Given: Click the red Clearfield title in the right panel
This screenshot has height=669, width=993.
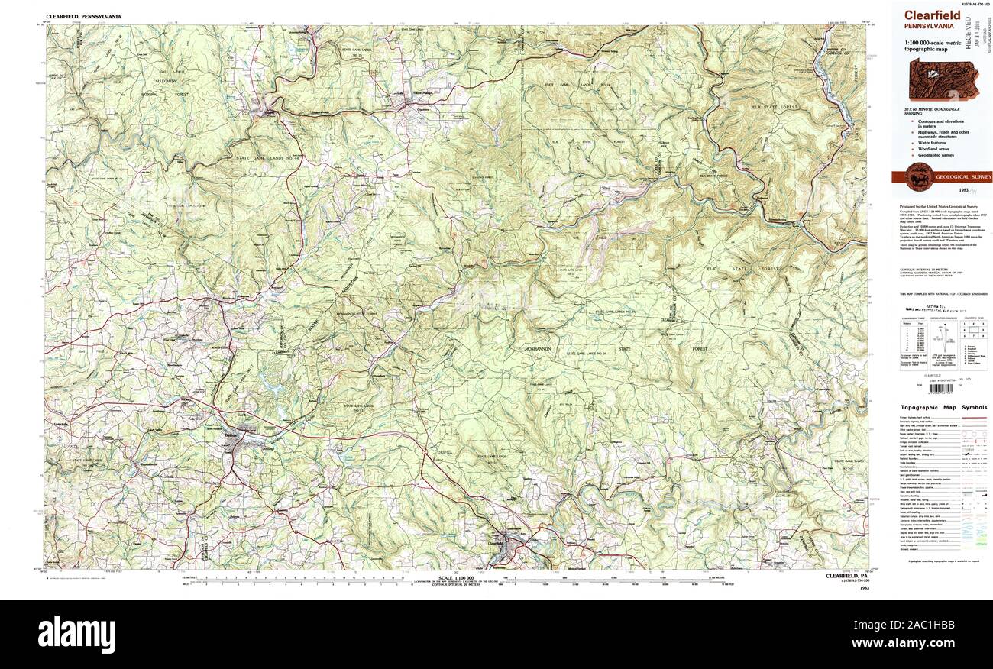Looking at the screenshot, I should [x=932, y=15].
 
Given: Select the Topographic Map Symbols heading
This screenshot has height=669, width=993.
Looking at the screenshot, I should [x=943, y=408].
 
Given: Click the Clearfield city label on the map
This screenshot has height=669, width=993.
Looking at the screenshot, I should [x=496, y=543].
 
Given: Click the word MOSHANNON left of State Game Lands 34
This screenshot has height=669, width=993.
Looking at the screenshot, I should [x=543, y=347].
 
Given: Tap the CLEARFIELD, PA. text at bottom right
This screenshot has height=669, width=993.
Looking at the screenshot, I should [x=848, y=575].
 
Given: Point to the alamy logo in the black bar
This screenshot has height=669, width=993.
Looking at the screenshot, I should [x=77, y=634].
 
